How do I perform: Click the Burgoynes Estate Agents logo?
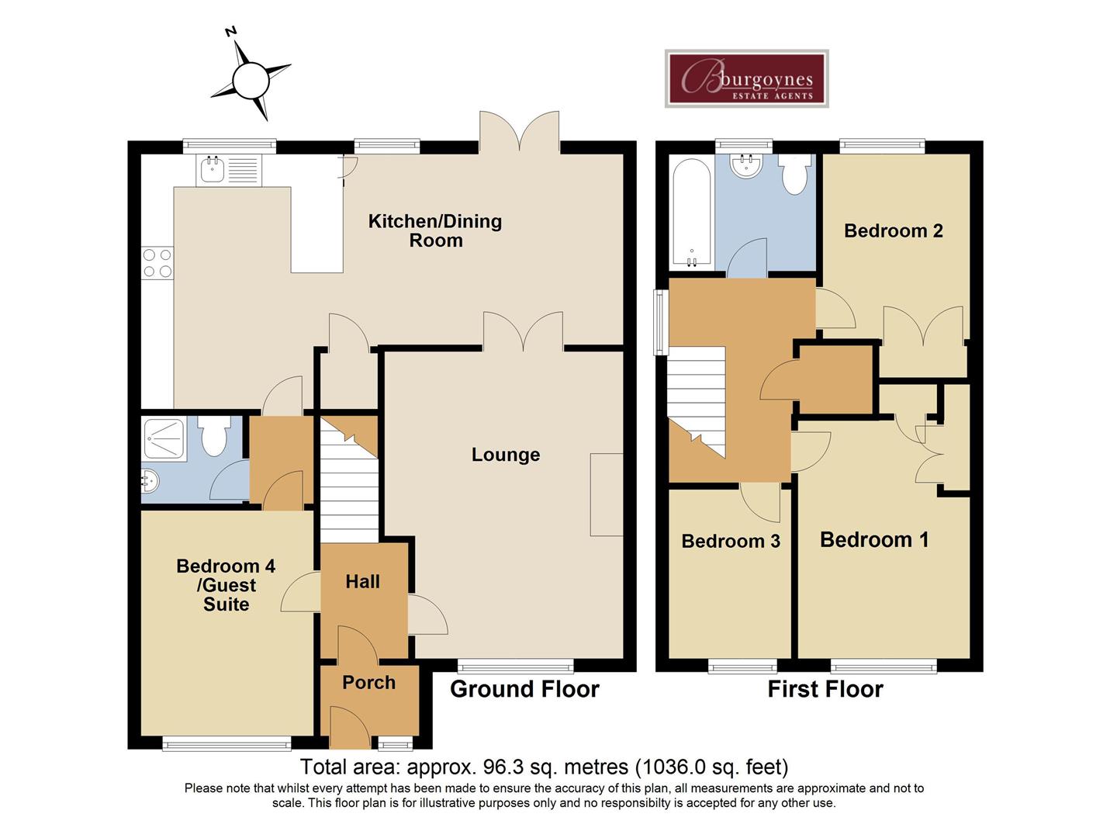[746, 78]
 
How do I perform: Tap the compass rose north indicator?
[251, 79]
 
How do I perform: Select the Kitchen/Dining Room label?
[435, 230]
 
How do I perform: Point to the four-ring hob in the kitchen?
[157, 262]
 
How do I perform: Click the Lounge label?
[506, 455]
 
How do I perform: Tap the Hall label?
[362, 582]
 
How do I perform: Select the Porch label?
[368, 683]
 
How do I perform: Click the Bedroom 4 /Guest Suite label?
[226, 586]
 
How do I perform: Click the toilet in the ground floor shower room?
[213, 437]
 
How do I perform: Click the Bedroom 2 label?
[893, 230]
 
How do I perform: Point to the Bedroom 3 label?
[730, 541]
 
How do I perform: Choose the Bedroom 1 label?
[874, 540]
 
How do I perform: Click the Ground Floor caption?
[524, 689]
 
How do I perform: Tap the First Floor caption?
[825, 689]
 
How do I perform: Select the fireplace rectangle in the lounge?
[606, 494]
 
